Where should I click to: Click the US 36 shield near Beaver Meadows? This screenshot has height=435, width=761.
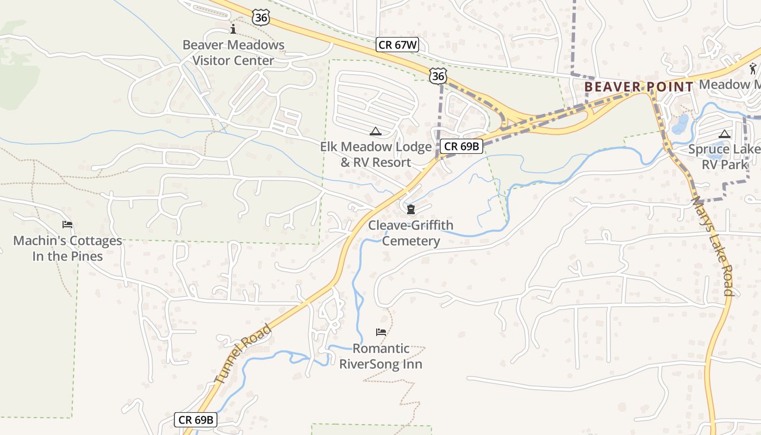(261, 17)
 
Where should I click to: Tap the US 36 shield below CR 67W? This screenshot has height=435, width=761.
(438, 76)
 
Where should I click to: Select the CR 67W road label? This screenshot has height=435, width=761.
(398, 45)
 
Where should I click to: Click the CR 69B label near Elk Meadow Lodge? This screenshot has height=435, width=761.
(461, 146)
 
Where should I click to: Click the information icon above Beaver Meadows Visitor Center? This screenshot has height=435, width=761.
(233, 29)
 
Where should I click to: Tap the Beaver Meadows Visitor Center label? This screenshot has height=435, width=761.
(233, 53)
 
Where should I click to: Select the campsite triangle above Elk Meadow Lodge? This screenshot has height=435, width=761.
(375, 131)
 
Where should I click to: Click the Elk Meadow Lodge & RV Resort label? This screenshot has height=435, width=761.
(376, 154)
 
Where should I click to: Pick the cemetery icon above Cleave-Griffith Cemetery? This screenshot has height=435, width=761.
(410, 210)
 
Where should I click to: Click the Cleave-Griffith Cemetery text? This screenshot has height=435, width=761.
(410, 233)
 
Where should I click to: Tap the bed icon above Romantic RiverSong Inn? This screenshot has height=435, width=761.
(381, 332)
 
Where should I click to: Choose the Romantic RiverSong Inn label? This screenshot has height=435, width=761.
(380, 356)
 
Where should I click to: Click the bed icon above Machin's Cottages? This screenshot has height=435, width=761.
(67, 224)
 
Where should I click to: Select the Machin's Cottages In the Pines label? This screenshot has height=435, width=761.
(67, 248)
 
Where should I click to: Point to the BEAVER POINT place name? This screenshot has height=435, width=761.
(639, 87)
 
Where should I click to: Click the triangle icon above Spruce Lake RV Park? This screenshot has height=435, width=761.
(724, 134)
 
